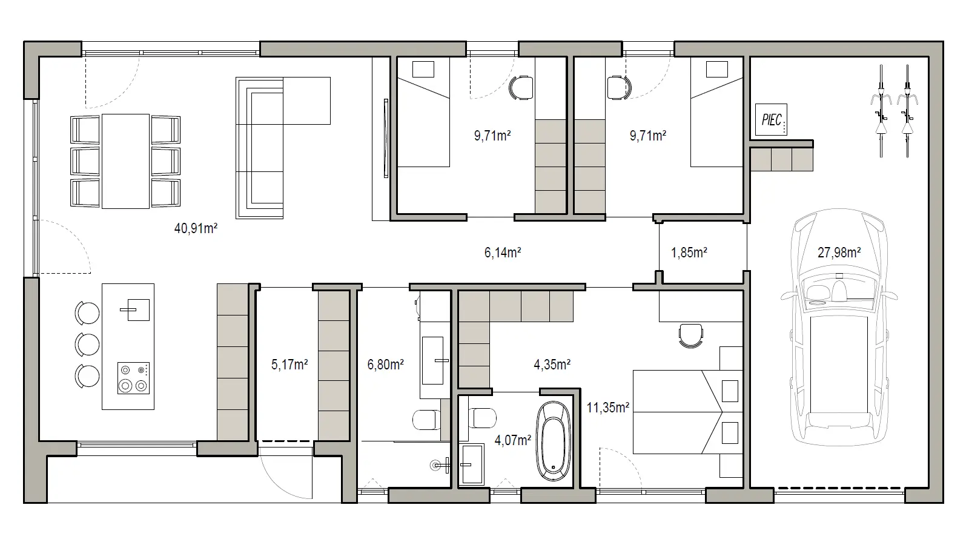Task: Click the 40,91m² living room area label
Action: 196,228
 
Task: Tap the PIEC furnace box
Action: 771,119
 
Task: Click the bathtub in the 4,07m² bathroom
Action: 554,441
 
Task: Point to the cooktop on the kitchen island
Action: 134,378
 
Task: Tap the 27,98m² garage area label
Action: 839,252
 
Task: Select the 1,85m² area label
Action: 689,252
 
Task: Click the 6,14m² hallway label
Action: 503,252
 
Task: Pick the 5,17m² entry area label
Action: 289,365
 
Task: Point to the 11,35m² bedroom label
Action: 608,408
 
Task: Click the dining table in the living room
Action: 126,161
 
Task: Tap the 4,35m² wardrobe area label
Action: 552,365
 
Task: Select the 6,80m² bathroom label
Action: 385,365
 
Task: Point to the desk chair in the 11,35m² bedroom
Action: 691,335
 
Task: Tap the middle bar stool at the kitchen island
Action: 87,345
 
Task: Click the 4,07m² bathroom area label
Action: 512,440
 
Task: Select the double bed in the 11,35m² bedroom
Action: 688,412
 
